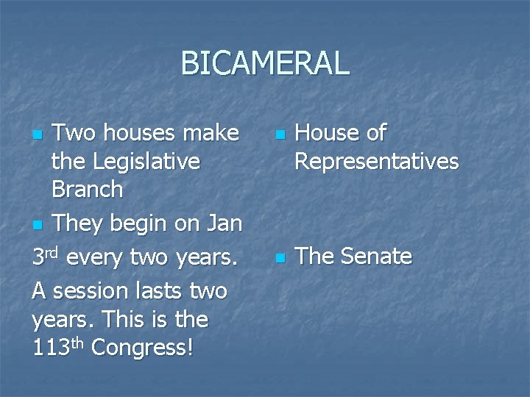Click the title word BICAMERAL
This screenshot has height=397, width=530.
265,63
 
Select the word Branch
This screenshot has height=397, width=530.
87,190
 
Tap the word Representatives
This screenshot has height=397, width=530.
376,161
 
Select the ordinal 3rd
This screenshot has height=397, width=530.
46,258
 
